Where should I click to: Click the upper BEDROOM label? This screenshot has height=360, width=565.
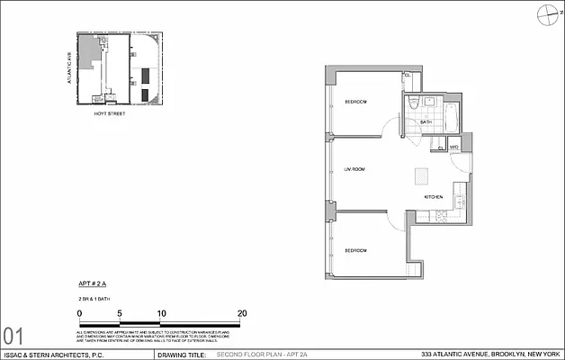tap(356, 102)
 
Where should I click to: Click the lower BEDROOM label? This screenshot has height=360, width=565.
tap(356, 250)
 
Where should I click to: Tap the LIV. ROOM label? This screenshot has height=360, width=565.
tap(354, 169)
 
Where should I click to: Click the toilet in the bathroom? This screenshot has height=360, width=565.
tap(409, 106)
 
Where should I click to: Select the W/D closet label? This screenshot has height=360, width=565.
tap(454, 146)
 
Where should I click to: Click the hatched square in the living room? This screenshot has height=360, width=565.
tap(421, 175)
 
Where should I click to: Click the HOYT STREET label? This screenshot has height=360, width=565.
tap(114, 115)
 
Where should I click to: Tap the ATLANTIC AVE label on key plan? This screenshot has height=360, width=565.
tap(67, 69)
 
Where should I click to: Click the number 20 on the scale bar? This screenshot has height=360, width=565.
tap(242, 313)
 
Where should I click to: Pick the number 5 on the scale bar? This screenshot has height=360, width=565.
tap(120, 313)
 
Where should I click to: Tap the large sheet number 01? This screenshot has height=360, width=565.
tap(13, 336)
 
